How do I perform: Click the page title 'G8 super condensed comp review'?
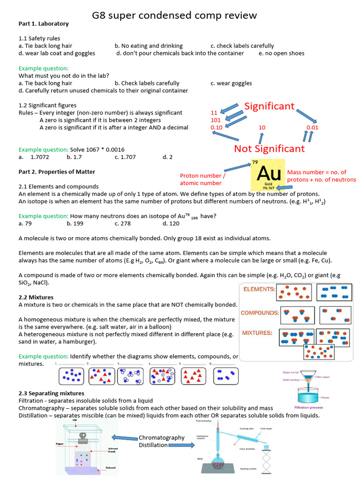[174, 15]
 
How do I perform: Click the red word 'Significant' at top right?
[270, 106]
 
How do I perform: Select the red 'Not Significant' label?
[270, 149]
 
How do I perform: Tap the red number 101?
[216, 120]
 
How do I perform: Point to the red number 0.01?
[312, 127]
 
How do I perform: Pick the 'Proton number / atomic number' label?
[202, 179]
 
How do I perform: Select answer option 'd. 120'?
[172, 224]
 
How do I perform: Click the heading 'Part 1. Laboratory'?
[44, 23]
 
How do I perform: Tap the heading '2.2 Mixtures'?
[36, 297]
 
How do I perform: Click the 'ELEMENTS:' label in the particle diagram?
[258, 290]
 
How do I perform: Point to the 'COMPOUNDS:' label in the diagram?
[260, 312]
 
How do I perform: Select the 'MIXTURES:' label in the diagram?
[257, 333]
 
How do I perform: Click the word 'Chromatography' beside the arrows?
[162, 437]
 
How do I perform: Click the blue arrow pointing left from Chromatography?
[124, 438]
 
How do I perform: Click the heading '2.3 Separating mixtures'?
[52, 393]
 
